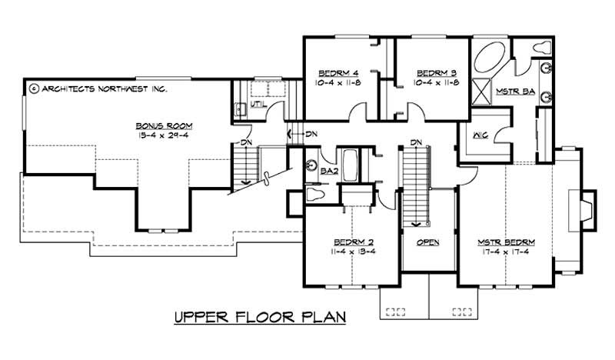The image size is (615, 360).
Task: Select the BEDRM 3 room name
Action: pos(436,74)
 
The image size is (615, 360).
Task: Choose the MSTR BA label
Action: pos(515,92)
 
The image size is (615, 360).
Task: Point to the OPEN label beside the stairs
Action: pos(427,242)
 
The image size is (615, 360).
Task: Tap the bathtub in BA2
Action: pos(351,165)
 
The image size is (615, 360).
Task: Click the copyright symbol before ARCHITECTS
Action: pos(33,88)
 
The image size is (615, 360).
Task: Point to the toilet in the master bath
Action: pos(543,46)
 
